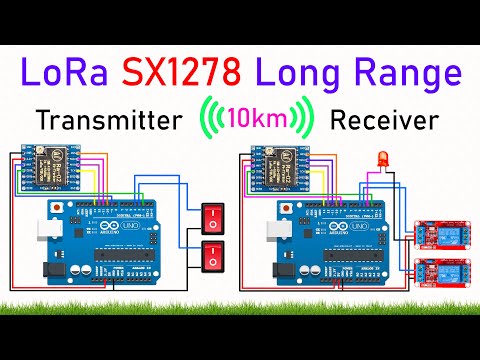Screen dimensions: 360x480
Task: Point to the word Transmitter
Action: click(x=110, y=121)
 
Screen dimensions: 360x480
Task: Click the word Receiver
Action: click(x=385, y=121)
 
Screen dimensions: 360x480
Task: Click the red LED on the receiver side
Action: click(x=382, y=160)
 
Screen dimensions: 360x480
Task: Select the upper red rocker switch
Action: click(x=212, y=216)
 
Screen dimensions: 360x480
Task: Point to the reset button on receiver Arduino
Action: click(x=296, y=207)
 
